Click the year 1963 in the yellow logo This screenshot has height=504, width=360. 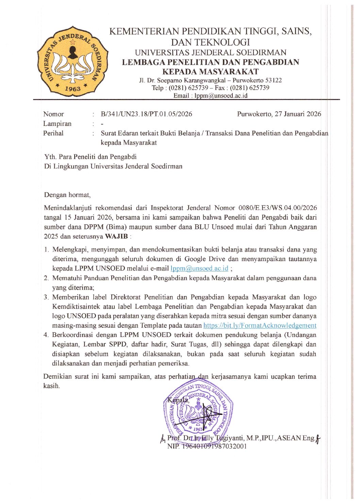[x=72, y=88]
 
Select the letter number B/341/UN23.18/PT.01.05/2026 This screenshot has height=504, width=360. [x=146, y=114]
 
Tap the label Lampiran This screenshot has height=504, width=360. [x=57, y=124]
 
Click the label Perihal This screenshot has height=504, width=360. [x=53, y=133]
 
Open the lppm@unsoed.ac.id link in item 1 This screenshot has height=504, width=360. [x=199, y=269]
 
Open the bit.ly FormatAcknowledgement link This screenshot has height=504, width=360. [x=260, y=326]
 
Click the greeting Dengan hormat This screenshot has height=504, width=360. [x=67, y=195]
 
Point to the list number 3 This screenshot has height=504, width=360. [x=46, y=297]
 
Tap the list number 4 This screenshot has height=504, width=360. [x=46, y=335]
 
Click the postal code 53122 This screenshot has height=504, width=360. [x=273, y=80]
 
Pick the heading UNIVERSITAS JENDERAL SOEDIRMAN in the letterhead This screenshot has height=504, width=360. [x=210, y=53]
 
